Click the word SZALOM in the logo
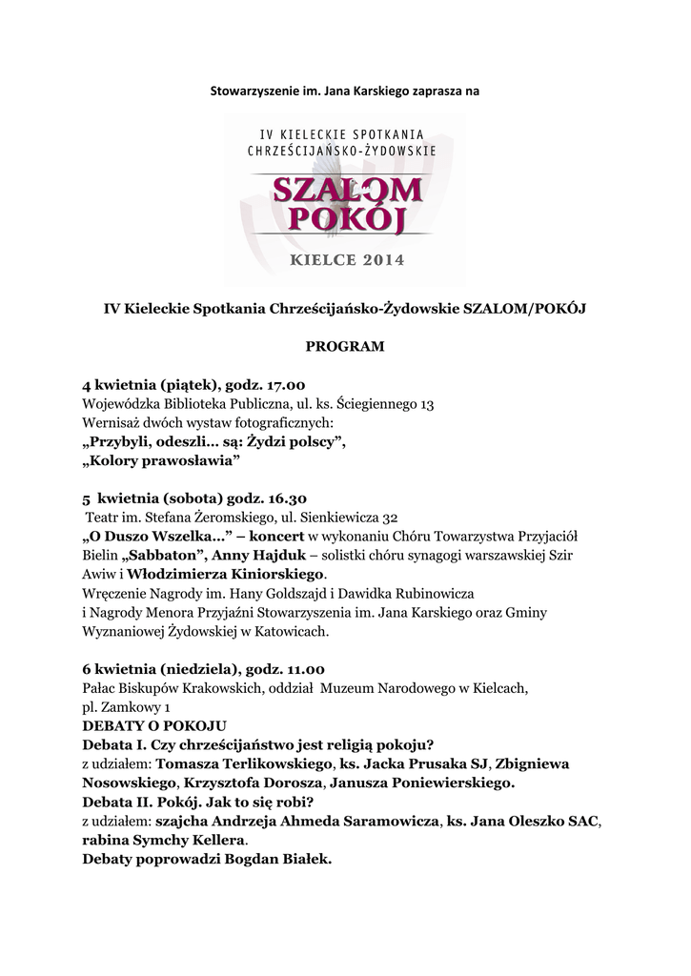(346, 190)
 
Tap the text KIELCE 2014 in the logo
(345, 259)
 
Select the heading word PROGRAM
(345, 346)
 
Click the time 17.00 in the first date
(281, 385)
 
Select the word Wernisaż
(113, 422)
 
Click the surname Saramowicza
(371, 821)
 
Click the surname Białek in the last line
(305, 859)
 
